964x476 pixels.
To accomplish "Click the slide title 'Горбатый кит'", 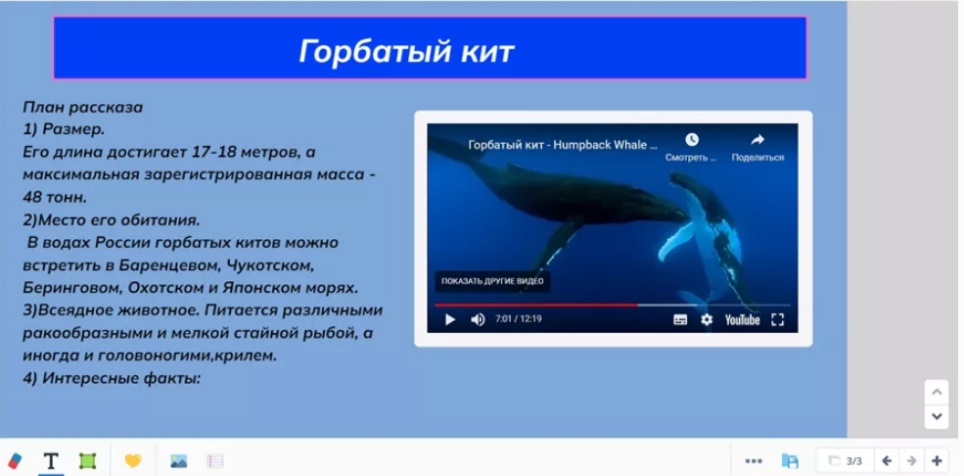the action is [406, 52].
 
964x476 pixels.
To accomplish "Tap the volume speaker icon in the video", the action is [478, 320].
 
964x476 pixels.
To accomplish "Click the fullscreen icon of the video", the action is [778, 320].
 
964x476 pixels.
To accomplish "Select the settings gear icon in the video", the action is [707, 320].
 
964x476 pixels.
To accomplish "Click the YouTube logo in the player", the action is [742, 320].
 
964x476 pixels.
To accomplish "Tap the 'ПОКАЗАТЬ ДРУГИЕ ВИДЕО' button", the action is [492, 281].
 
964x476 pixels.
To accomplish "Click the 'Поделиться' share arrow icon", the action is [757, 140].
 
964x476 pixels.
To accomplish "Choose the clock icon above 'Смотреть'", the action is [692, 140].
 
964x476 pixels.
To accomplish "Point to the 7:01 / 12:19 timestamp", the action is [519, 319].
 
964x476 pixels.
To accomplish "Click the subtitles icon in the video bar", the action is [680, 320].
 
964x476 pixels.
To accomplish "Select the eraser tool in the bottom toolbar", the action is [15, 460].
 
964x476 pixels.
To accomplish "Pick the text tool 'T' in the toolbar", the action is [51, 460].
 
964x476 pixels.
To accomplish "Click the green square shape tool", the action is [88, 460].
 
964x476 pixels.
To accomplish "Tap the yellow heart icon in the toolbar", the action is [133, 460].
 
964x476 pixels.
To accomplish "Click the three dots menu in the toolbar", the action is [754, 460].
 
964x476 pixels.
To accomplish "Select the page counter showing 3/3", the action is [846, 460].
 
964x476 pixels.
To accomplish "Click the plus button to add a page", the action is [937, 460].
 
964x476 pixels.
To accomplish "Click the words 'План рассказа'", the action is [83, 108].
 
